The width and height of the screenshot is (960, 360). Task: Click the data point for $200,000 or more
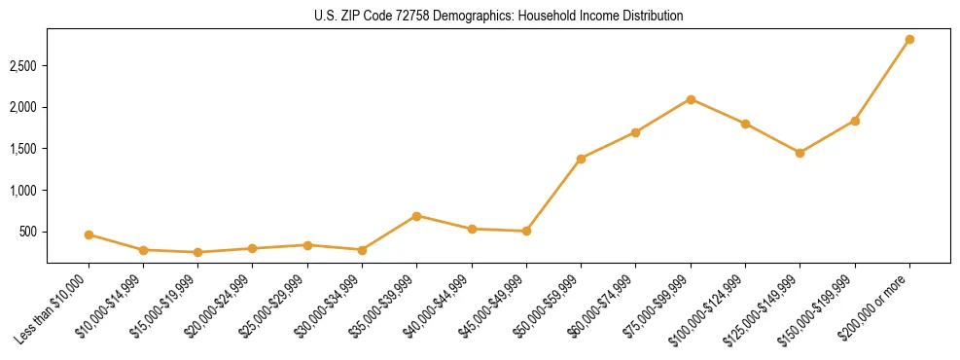tap(909, 40)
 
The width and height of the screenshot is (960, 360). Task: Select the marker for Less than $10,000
tap(89, 234)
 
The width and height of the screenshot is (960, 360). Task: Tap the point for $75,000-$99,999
tap(691, 99)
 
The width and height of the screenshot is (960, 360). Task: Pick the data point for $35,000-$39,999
tap(416, 216)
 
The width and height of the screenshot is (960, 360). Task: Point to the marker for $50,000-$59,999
tap(581, 159)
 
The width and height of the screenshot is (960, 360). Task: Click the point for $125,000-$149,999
tap(800, 153)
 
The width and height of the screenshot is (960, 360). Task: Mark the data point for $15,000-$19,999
tap(197, 252)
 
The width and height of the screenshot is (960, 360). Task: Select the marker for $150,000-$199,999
tap(855, 121)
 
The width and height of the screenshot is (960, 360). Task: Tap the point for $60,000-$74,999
tap(635, 132)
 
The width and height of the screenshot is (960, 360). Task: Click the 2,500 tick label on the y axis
tap(24, 66)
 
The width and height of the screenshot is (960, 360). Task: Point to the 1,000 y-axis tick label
tap(24, 191)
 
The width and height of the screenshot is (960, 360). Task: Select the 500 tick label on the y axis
tap(29, 233)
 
